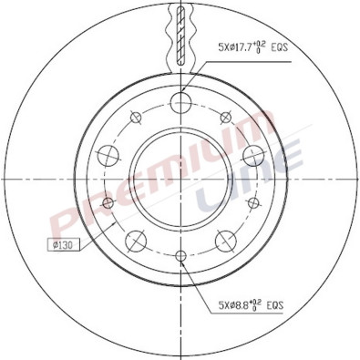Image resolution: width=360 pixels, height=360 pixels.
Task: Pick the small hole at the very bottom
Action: click(x=180, y=254)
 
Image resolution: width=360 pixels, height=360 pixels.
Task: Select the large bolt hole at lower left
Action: click(x=136, y=240)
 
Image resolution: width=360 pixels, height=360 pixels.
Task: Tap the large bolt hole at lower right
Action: click(x=225, y=240)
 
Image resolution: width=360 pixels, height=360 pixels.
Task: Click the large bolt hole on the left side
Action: click(x=108, y=153)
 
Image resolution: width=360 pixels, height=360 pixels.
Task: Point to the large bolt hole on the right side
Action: click(x=252, y=153)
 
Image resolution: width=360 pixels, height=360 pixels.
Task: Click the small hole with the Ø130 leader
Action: click(x=108, y=201)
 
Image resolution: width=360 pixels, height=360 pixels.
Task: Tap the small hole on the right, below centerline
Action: click(x=253, y=201)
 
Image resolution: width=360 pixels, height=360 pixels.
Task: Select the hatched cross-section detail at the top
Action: click(x=180, y=32)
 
